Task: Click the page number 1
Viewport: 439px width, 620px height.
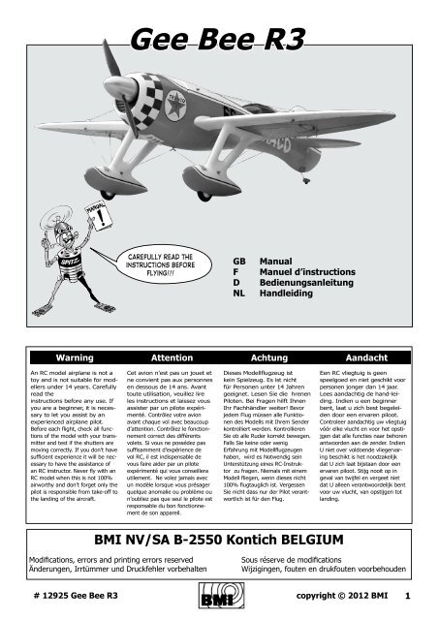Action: point(409,598)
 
